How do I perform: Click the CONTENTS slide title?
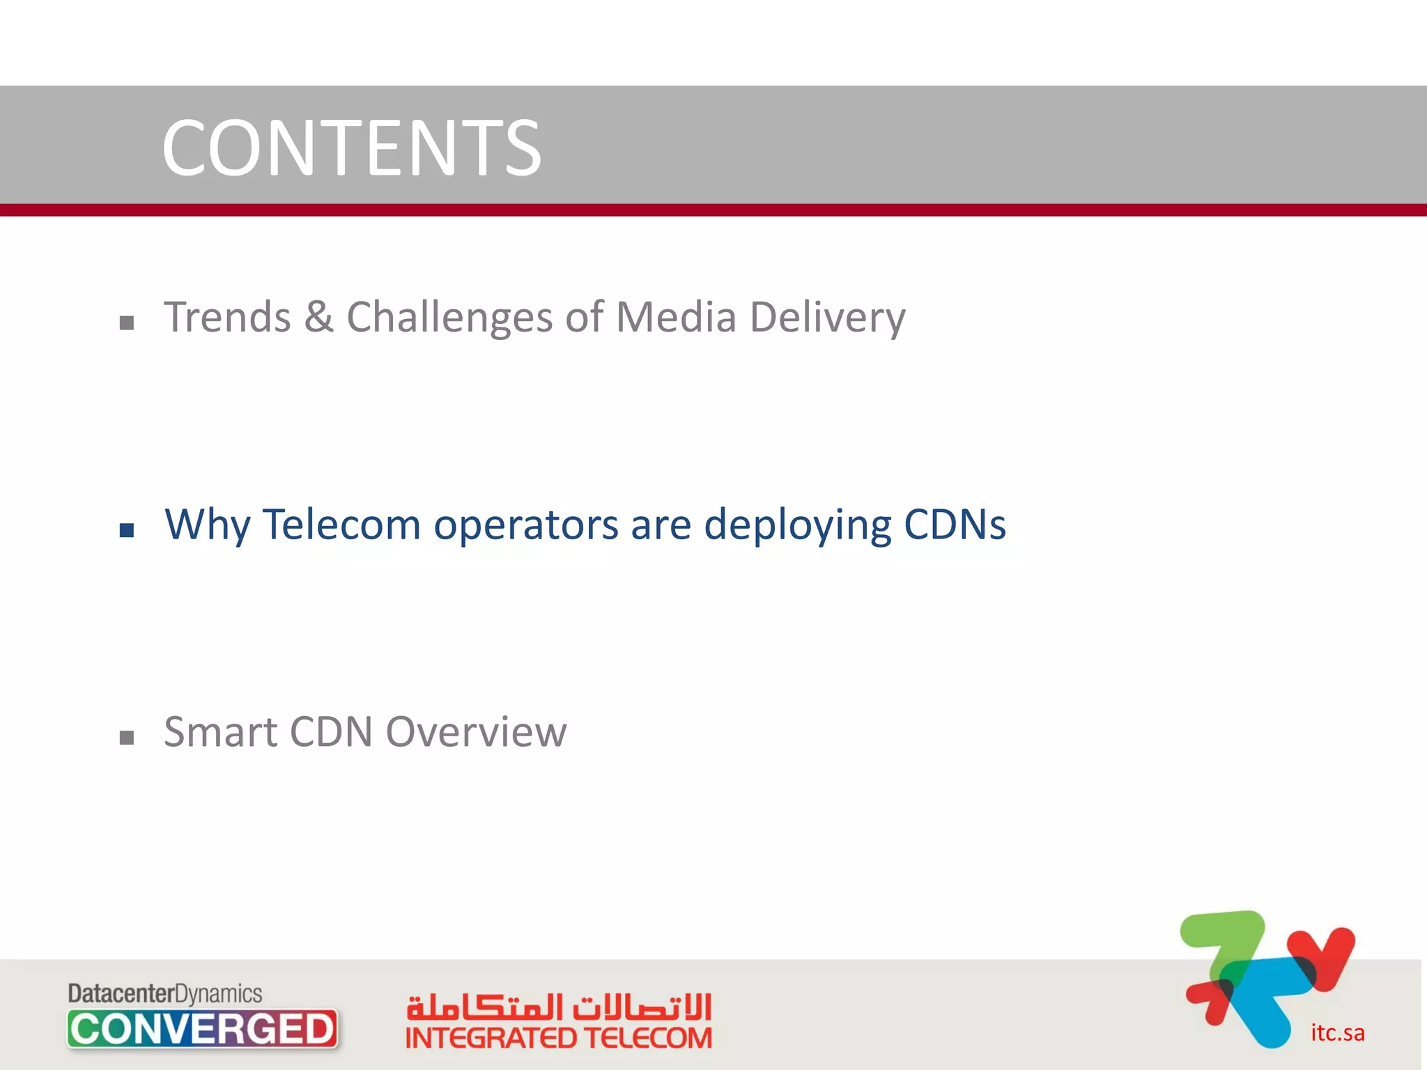[351, 148]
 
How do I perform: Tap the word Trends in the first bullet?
[227, 318]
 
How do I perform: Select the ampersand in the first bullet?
[318, 318]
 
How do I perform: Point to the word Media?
[676, 318]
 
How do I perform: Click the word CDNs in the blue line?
[955, 524]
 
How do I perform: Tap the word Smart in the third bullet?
[221, 732]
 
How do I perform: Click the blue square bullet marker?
[127, 531]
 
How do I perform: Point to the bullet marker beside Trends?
[127, 323]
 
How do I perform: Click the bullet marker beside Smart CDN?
[127, 738]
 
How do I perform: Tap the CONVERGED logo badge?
[203, 1029]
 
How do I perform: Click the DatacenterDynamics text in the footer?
[165, 993]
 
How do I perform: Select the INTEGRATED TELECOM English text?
[558, 1038]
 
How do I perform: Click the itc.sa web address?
[1337, 1032]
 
